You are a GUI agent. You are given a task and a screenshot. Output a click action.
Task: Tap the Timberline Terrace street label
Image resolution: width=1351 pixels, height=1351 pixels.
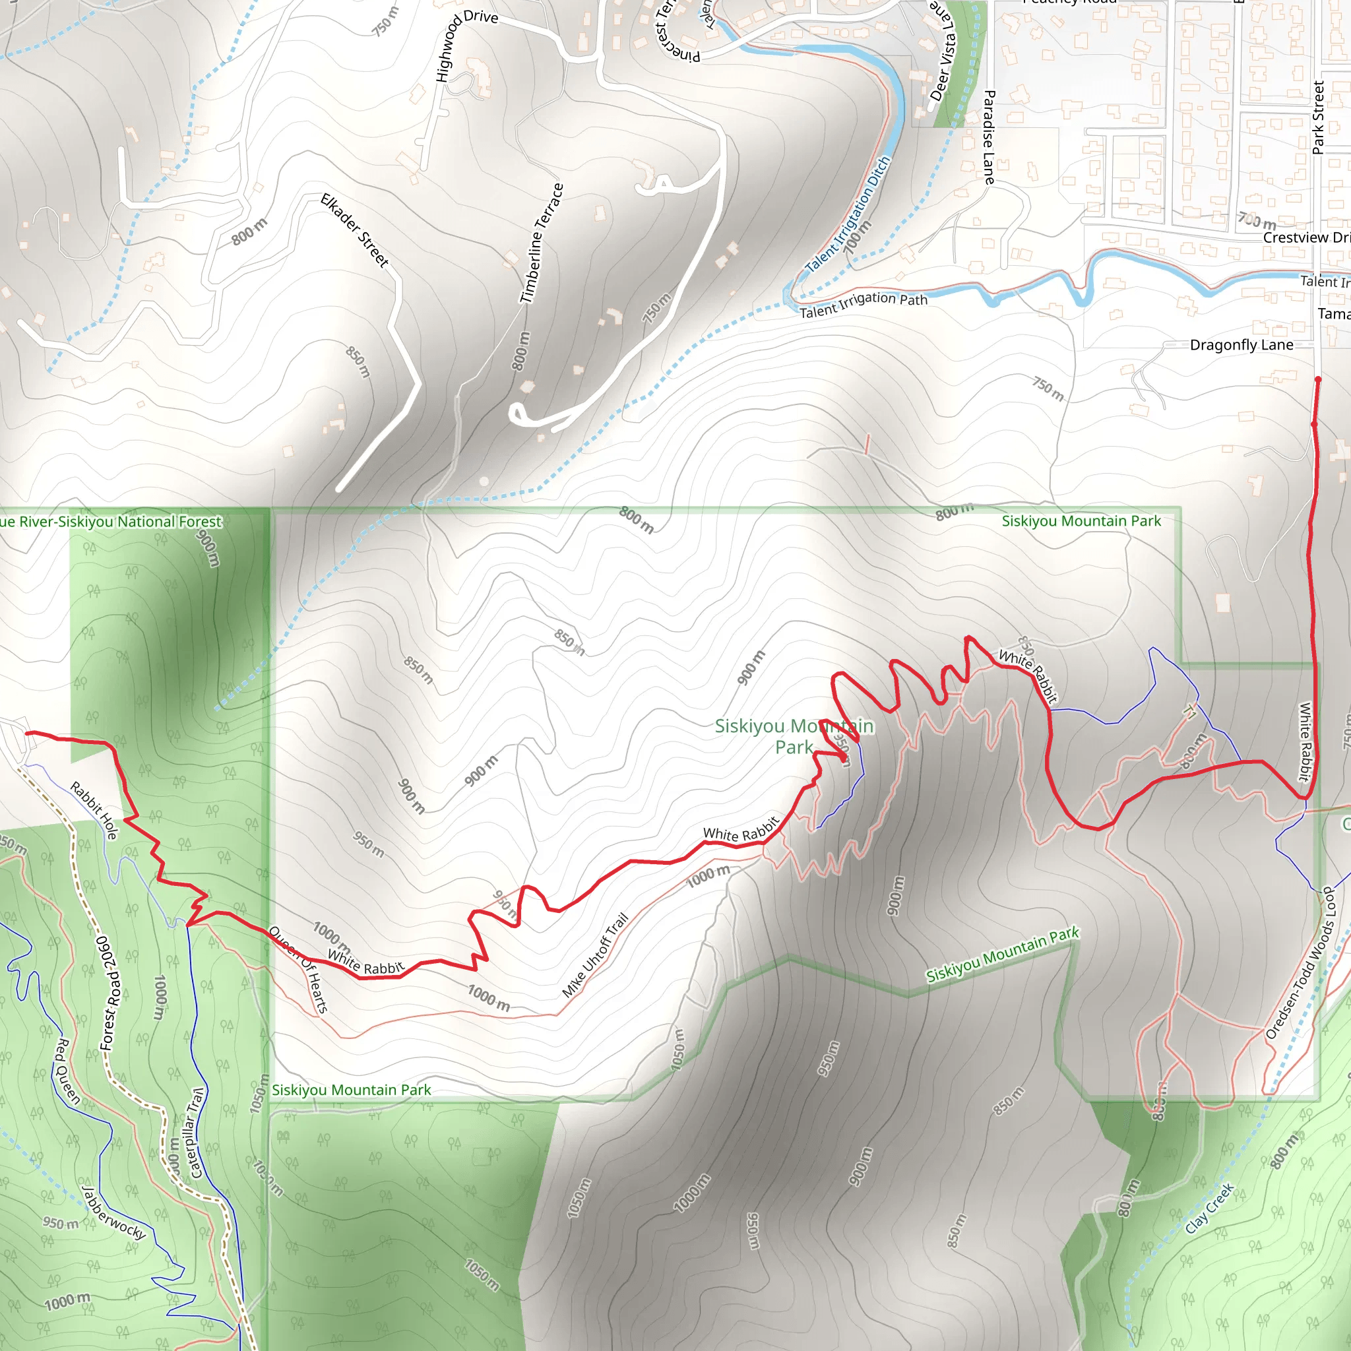(542, 243)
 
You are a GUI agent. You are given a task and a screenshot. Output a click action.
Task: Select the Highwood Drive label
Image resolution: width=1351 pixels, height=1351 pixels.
(465, 44)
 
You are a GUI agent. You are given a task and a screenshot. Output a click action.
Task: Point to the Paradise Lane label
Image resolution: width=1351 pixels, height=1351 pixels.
(989, 137)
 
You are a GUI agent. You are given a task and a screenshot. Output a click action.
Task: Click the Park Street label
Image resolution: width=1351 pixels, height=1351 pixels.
(1318, 117)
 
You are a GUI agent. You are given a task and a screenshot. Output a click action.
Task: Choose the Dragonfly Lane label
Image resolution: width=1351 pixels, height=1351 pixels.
(1241, 345)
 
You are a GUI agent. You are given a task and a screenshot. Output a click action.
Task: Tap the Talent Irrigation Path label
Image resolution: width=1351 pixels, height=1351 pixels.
(864, 304)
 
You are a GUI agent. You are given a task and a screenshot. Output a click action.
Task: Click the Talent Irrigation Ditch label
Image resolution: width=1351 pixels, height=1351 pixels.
(848, 214)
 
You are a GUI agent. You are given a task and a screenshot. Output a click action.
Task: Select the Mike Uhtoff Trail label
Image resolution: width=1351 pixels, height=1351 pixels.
(596, 955)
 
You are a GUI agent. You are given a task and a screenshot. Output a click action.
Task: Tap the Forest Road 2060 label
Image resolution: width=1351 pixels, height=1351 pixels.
(110, 993)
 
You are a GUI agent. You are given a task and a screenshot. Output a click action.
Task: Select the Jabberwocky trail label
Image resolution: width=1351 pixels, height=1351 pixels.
(114, 1212)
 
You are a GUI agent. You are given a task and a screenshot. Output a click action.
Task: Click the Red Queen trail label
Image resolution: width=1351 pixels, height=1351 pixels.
(68, 1071)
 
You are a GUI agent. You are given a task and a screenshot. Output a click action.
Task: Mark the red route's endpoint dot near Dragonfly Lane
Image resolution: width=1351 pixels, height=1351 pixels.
(1317, 380)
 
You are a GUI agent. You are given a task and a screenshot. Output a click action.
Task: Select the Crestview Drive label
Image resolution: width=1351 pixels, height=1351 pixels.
(1306, 237)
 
